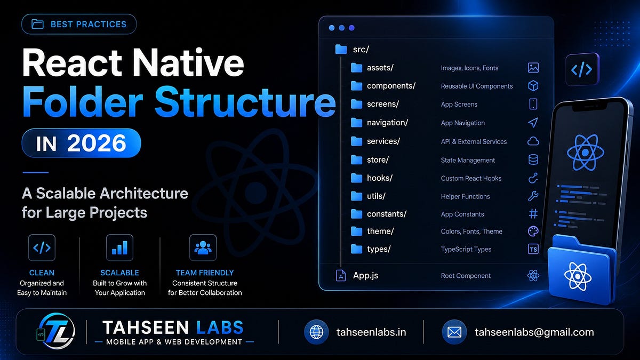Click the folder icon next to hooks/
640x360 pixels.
[356, 178]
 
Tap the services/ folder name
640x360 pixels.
[383, 141]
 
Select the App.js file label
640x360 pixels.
[365, 275]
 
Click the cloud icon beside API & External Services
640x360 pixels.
[533, 141]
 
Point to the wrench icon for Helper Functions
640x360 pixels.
[533, 196]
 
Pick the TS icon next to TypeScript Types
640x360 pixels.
[533, 249]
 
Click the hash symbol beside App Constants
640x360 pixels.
[533, 214]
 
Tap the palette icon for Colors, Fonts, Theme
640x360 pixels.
[533, 231]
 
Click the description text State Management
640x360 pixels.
[468, 161]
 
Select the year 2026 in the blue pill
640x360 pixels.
[97, 143]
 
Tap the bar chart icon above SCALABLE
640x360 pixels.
[119, 247]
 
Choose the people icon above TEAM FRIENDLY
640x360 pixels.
[203, 247]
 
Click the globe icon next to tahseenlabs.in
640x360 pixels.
[316, 332]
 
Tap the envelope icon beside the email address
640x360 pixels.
[454, 332]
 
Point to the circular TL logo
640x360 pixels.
[57, 331]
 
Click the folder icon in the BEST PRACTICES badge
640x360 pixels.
[37, 25]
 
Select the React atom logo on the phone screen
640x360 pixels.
[586, 153]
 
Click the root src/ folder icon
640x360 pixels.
[341, 49]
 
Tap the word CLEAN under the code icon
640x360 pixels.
[42, 273]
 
